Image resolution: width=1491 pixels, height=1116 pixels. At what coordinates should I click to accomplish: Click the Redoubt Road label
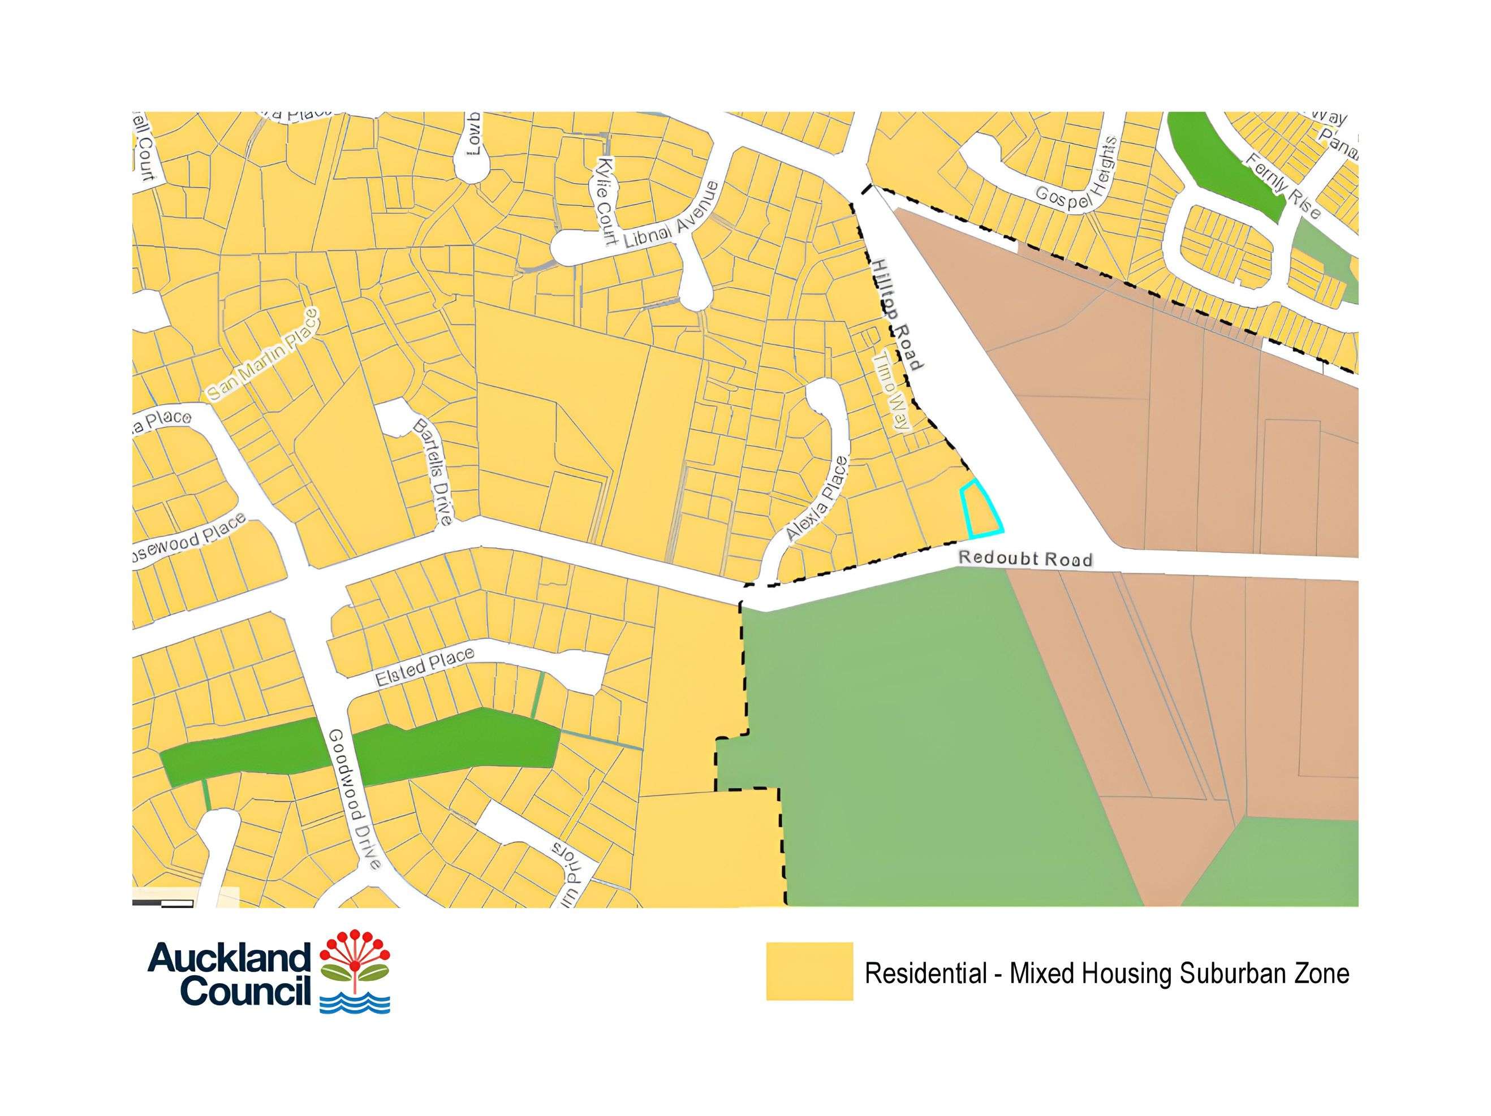1025,559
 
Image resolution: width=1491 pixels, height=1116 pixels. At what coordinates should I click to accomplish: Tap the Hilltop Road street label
897,313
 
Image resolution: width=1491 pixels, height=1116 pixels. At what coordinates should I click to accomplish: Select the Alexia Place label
816,499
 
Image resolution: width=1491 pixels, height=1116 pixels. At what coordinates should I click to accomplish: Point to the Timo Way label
892,392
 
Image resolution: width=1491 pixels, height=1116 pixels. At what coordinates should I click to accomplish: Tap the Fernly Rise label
1283,186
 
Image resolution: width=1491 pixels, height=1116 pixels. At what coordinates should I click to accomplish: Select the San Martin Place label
262,355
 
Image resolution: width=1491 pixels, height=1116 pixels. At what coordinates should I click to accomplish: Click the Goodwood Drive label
356,799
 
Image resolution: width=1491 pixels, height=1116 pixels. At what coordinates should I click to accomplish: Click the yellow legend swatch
809,971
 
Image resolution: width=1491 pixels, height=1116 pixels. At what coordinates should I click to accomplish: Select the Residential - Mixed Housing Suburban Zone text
1107,974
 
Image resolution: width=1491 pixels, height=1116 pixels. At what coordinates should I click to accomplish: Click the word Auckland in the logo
229,958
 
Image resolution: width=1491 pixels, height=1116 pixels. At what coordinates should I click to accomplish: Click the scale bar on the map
164,903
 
